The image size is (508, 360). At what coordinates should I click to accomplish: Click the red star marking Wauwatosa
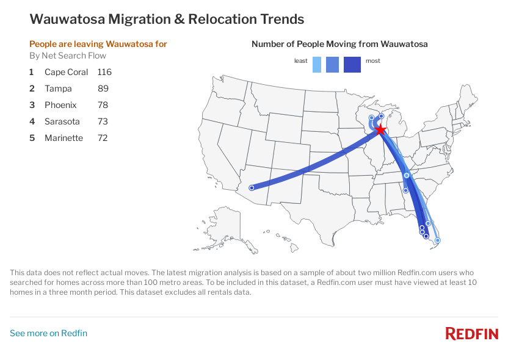[380, 129]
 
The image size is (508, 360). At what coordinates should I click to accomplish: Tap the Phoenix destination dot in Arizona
[252, 188]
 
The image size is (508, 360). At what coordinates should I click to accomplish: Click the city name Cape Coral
[66, 72]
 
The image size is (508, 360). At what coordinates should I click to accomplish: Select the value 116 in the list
[104, 72]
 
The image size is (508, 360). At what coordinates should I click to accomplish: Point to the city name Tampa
[58, 88]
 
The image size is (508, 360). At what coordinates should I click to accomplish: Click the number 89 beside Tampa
[103, 88]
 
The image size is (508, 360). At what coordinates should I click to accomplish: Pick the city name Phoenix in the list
[60, 105]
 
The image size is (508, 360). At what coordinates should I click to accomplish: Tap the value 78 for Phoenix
[103, 105]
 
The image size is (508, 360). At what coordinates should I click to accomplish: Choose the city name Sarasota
[62, 121]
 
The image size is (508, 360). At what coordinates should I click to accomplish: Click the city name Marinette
[64, 138]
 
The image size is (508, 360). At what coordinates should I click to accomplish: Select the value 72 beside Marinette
[103, 138]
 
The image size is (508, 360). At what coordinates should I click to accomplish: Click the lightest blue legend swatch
[317, 64]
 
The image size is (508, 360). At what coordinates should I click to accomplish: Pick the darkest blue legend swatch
[352, 64]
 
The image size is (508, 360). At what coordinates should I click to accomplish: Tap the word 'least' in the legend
[300, 61]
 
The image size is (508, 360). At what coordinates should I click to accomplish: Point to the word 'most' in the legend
[372, 61]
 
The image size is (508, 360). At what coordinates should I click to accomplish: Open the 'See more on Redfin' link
[48, 333]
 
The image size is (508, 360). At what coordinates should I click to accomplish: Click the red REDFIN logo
[471, 334]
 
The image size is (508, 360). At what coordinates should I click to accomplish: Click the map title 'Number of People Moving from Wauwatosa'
[339, 44]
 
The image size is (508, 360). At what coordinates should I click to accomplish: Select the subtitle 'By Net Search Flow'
[68, 56]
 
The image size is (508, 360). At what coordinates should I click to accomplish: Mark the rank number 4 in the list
[32, 121]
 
